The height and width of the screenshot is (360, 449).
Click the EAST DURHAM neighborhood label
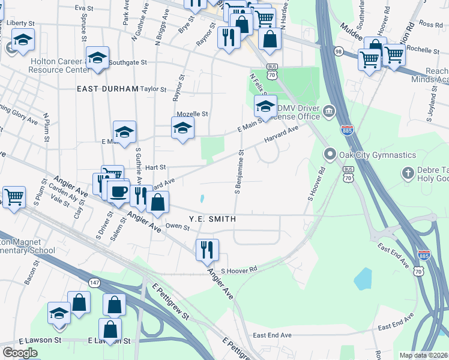tap(107, 88)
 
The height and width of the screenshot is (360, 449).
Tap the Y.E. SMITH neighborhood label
tap(212, 220)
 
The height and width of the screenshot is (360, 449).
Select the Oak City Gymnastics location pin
tap(330, 155)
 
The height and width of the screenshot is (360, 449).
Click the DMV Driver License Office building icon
tap(329, 111)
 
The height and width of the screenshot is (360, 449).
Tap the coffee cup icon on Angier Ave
tap(118, 191)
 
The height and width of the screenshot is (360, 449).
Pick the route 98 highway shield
tap(339, 52)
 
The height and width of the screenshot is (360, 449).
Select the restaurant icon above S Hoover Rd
tap(207, 249)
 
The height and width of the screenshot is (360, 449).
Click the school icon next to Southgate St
tap(97, 58)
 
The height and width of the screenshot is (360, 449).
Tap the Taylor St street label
tap(153, 89)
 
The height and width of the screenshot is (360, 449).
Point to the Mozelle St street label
tap(192, 113)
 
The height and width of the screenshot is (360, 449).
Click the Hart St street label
tap(155, 168)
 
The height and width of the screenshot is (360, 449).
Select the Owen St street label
tap(178, 227)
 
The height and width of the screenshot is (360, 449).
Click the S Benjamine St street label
tap(238, 173)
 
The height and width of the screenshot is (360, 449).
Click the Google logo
tap(20, 352)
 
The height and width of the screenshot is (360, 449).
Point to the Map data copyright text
tap(424, 355)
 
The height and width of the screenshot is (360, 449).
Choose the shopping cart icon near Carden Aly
tap(14, 196)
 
